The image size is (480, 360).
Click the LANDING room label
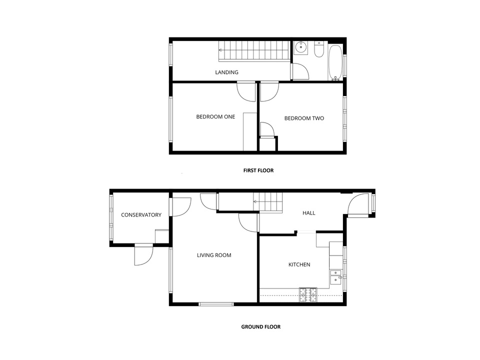[x=226, y=72]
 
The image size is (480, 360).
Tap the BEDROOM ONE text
[x=215, y=116]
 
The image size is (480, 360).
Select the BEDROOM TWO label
[x=304, y=118]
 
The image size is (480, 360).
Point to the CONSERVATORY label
[x=141, y=215]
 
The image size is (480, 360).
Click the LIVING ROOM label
[x=214, y=255]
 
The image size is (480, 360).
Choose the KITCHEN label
[x=299, y=264]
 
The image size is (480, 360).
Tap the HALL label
[x=308, y=213]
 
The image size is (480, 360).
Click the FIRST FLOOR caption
[x=258, y=170]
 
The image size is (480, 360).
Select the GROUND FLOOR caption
[x=261, y=326]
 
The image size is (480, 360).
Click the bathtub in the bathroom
[x=335, y=62]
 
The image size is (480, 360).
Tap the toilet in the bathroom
[x=319, y=50]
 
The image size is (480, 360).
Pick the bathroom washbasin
[x=301, y=47]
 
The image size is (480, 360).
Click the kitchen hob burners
[x=308, y=295]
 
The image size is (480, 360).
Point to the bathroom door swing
[x=300, y=71]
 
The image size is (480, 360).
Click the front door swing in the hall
[x=358, y=205]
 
